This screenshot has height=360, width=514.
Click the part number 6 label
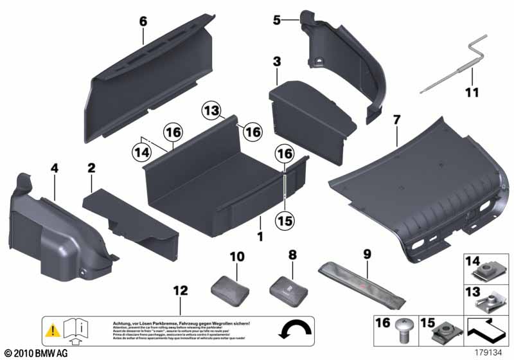[143, 22]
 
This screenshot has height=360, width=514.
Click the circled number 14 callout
[141, 153]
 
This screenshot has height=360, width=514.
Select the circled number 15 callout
[284, 221]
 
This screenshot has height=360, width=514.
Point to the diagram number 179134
[488, 352]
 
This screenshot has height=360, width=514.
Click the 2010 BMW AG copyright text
[35, 353]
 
